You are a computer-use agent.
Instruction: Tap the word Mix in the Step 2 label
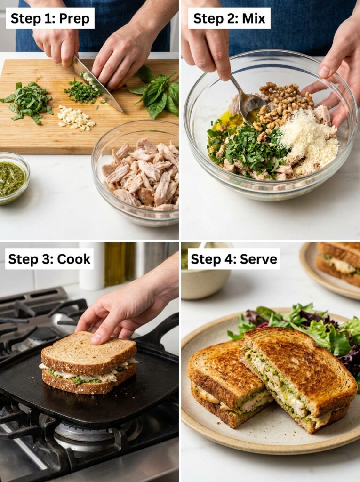(x=254, y=18)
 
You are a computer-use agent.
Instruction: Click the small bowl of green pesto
(x=11, y=178)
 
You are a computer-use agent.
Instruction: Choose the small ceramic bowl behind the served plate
(x=206, y=278)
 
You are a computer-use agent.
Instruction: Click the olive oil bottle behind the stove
(x=115, y=264)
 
